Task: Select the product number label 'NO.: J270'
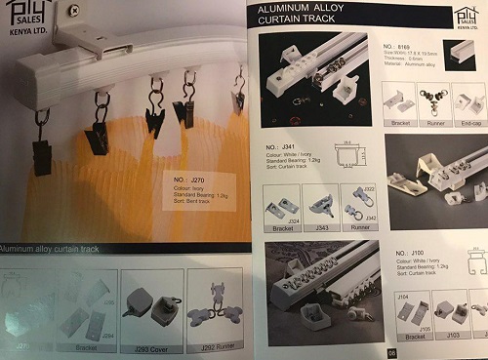pos(185,181)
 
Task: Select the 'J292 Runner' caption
pos(212,345)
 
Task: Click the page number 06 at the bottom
pos(391,353)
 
